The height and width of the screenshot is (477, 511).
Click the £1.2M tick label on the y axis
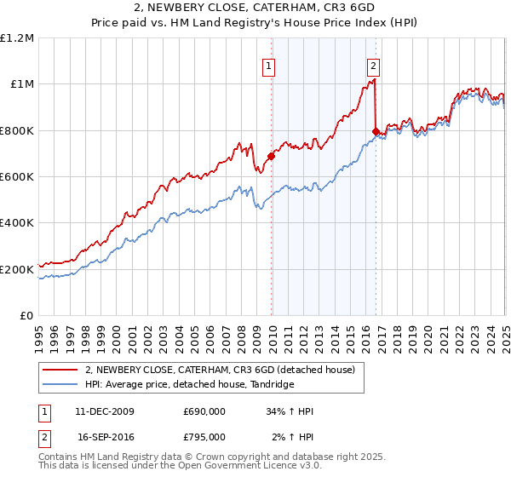(x=17, y=37)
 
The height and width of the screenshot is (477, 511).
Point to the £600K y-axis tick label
(x=17, y=177)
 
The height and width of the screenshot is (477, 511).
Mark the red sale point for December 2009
(x=271, y=156)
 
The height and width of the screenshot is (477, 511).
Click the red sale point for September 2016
(x=376, y=131)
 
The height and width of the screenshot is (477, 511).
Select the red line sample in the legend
(x=61, y=369)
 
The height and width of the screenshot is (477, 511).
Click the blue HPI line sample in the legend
(x=61, y=383)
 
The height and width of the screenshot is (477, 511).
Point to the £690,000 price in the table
(x=204, y=411)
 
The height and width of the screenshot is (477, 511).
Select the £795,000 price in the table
(x=204, y=438)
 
